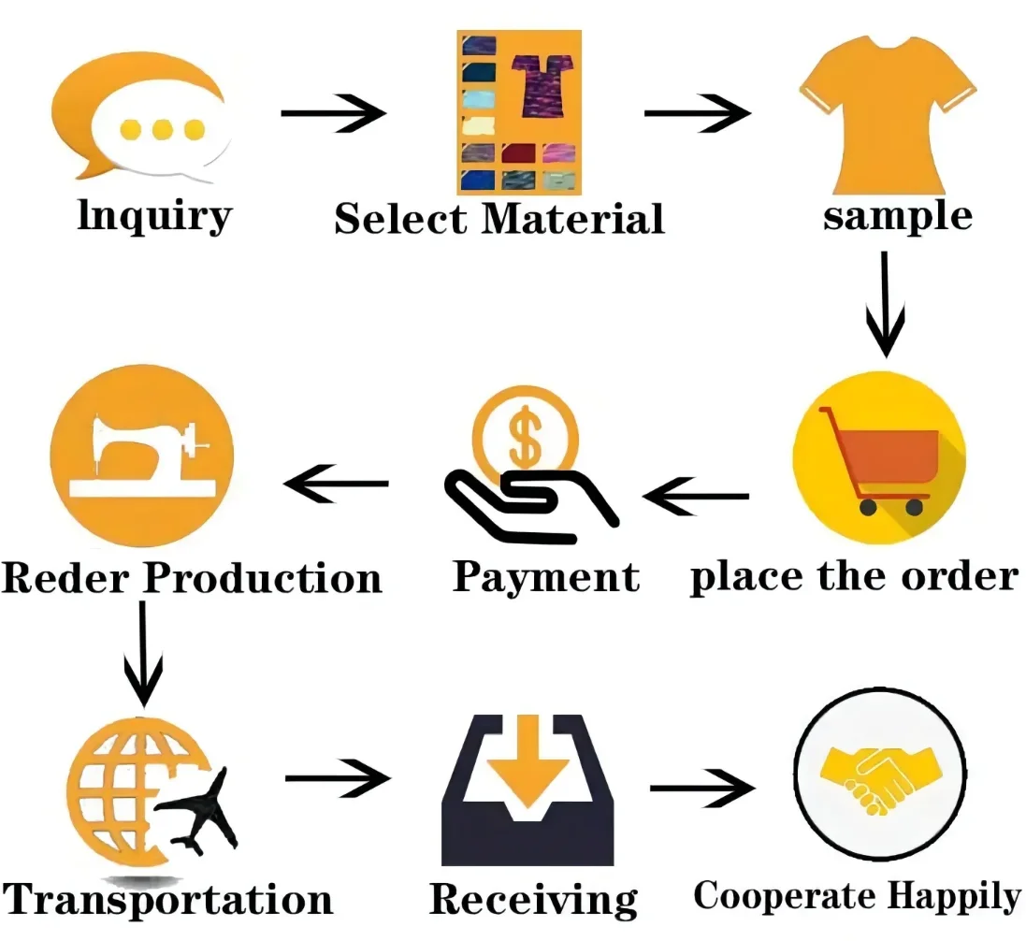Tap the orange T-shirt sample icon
point(887,112)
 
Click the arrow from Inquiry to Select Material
point(333,114)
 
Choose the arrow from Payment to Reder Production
point(337,484)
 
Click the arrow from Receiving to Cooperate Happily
point(701,789)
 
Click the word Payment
point(546,577)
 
